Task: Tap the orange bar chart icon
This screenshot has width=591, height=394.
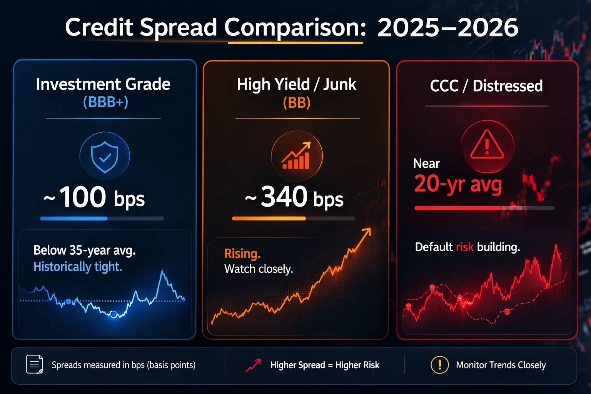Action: [x=296, y=156]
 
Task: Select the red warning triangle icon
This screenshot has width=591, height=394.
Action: [x=487, y=145]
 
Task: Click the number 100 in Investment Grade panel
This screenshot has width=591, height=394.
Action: [x=83, y=197]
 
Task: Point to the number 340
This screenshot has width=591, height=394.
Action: [x=284, y=197]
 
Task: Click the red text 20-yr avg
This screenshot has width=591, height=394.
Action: [x=458, y=184]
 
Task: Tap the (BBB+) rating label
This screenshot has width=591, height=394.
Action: [x=105, y=102]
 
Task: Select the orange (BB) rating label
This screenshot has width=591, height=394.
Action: [x=296, y=103]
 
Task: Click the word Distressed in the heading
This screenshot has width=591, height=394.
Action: [x=508, y=86]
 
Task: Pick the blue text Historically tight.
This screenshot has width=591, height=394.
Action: [x=78, y=267]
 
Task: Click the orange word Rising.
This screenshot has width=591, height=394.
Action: [x=242, y=254]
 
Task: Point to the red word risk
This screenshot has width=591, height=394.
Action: [x=465, y=247]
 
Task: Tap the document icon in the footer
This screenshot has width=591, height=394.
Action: [x=34, y=364]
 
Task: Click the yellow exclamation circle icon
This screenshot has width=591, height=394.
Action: [x=439, y=364]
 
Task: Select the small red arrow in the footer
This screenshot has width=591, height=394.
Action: [x=253, y=365]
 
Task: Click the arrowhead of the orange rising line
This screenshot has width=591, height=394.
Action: [x=367, y=231]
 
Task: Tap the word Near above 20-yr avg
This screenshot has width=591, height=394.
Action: [x=426, y=164]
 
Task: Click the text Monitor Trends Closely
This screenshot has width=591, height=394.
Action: [x=501, y=365]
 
